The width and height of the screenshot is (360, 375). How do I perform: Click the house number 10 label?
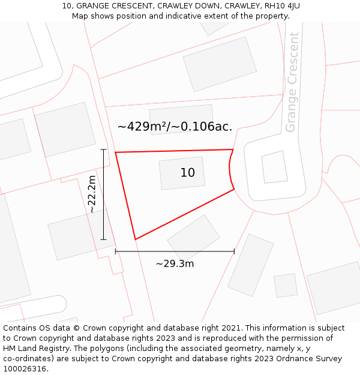click(x=187, y=173)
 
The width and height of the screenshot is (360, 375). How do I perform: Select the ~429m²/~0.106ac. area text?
click(x=175, y=127)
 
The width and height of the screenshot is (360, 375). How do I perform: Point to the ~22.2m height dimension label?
click(x=92, y=194)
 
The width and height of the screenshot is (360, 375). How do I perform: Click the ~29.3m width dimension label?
click(x=175, y=264)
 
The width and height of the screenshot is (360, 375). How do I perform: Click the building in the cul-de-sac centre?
click(x=275, y=167)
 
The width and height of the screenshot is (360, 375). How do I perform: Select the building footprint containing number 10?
click(x=181, y=173)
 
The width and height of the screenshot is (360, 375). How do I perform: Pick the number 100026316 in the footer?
click(x=24, y=369)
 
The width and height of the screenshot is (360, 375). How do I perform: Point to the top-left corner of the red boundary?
click(x=116, y=152)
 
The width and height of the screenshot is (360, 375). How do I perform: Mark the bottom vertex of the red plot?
click(x=135, y=239)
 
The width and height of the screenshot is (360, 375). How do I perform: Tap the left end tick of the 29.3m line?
click(x=116, y=251)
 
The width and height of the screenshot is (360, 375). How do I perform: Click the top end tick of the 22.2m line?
click(x=103, y=149)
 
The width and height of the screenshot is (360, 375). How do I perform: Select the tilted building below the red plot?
click(x=193, y=238)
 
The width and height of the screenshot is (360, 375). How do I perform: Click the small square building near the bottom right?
click(x=286, y=286)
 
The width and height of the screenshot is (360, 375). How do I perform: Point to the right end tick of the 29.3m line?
click(x=234, y=251)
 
